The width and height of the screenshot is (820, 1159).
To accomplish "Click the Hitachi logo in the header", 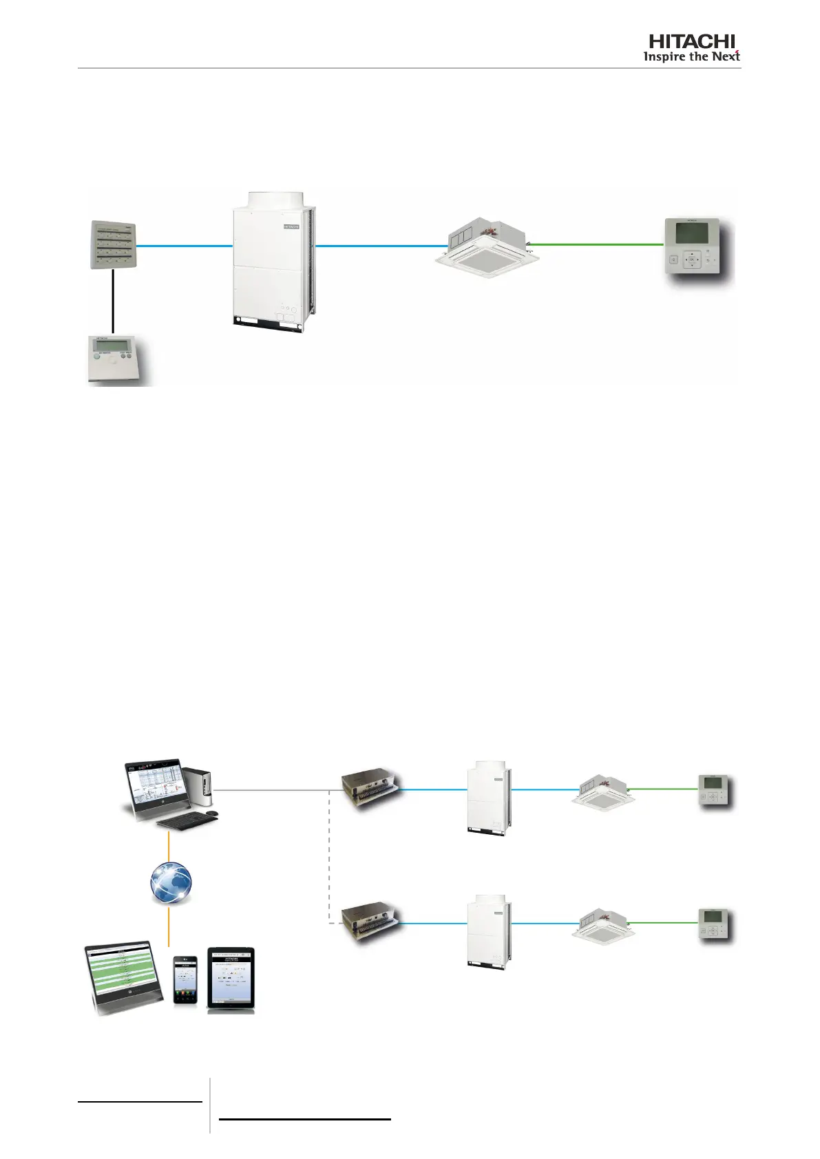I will (691, 48).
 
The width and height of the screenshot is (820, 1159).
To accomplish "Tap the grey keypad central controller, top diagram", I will (114, 244).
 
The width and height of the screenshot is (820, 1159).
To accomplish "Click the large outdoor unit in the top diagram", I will (273, 262).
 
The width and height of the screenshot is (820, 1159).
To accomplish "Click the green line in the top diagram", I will (598, 244).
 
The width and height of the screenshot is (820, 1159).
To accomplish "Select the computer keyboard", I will (187, 820).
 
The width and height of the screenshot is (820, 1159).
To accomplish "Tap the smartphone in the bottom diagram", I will (185, 979).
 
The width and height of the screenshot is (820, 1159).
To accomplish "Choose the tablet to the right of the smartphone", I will (231, 979).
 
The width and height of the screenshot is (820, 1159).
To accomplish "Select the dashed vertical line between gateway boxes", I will (330, 857).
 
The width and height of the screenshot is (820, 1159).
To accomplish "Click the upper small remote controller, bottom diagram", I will (714, 791).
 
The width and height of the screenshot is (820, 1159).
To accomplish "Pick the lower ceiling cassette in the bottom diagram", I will (603, 924).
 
